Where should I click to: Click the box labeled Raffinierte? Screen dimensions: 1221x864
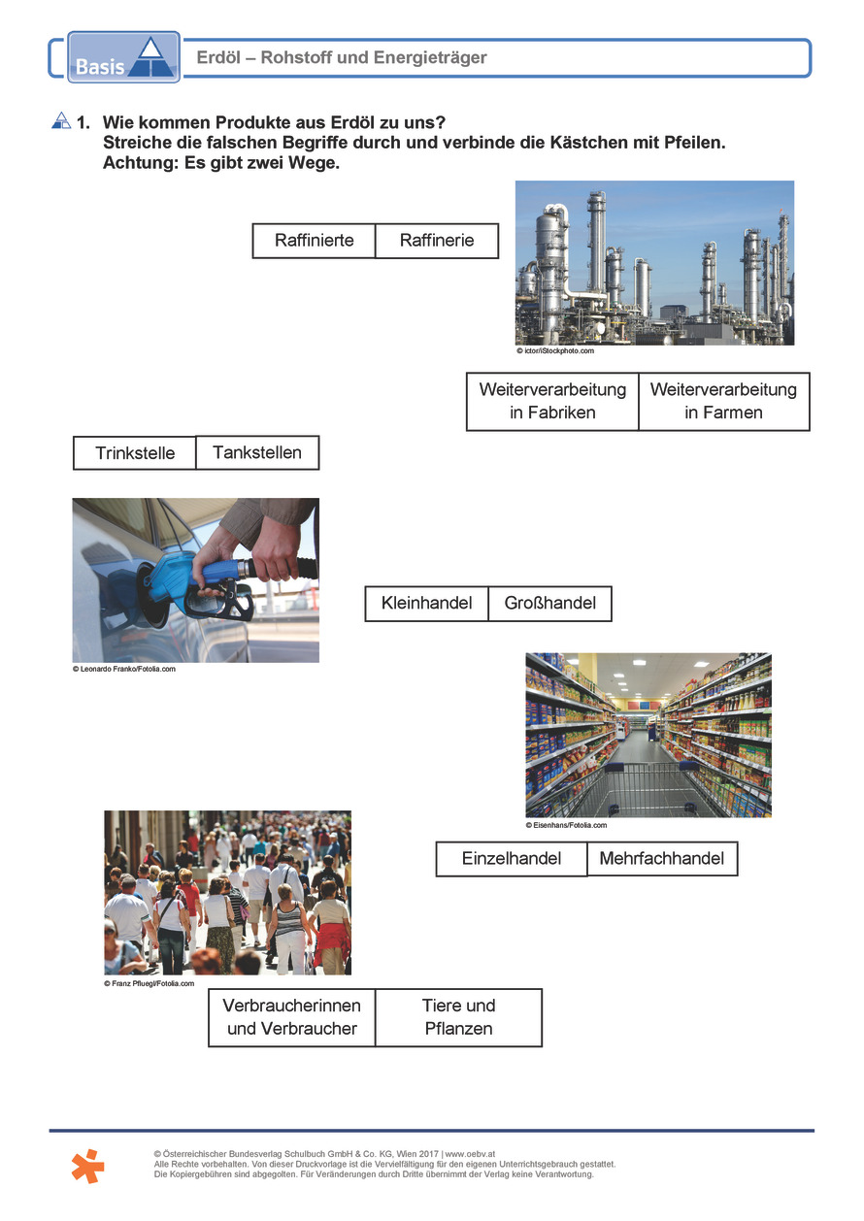click(x=314, y=241)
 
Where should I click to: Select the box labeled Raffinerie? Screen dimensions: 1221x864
click(x=437, y=241)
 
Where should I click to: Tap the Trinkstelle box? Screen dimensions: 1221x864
click(x=135, y=453)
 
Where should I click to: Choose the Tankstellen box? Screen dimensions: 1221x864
click(x=257, y=452)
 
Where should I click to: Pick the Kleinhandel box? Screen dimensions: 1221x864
click(x=426, y=603)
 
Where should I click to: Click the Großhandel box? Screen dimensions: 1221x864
click(x=549, y=603)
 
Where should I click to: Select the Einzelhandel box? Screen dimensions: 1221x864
click(x=512, y=859)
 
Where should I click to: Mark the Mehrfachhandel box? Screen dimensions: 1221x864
click(x=662, y=859)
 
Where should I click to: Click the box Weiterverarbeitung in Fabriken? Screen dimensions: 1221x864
click(x=552, y=401)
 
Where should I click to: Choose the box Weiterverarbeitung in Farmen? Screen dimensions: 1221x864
click(x=723, y=401)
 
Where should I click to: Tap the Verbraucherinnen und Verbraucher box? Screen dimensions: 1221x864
click(x=292, y=1017)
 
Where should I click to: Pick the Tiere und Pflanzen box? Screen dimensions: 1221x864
click(x=458, y=1017)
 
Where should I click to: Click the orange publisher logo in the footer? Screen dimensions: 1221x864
click(x=87, y=1165)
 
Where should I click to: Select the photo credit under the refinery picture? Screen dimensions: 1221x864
click(x=554, y=350)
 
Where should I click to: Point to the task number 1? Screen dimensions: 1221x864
click(x=83, y=122)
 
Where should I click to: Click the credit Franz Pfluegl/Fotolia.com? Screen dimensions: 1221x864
click(x=150, y=983)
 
